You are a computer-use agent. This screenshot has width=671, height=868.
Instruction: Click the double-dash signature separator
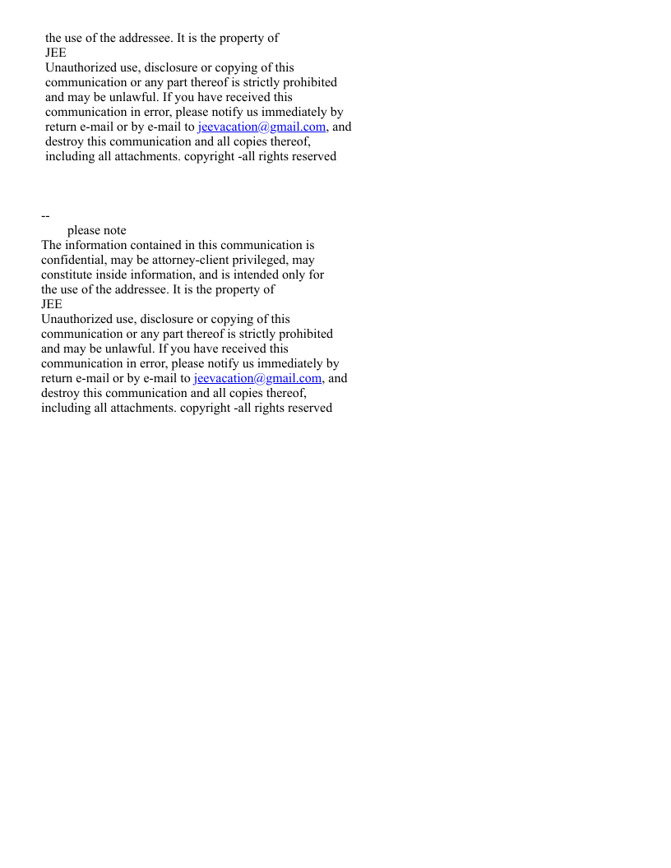(x=45, y=215)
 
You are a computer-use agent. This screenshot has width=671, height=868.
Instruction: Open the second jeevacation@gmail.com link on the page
(x=257, y=378)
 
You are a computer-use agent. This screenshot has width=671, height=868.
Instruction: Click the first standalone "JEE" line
(x=56, y=53)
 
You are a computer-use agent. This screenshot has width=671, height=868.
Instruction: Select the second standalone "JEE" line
(x=52, y=304)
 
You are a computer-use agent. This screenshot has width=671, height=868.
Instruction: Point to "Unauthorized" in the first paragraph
(x=81, y=67)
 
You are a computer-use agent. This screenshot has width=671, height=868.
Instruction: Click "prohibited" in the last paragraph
(x=304, y=334)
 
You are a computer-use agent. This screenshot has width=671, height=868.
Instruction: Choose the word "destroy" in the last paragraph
(x=61, y=393)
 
